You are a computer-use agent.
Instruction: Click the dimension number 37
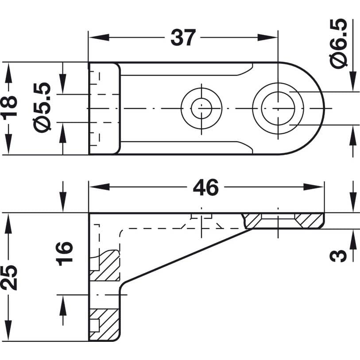pos(183,38)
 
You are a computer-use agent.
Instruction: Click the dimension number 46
pos(206,187)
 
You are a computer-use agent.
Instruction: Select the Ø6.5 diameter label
pos(338,44)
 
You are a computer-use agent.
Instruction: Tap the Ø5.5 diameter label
pos(42,106)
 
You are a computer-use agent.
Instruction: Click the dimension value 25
pos(9,278)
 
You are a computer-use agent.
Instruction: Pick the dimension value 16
pos(65,254)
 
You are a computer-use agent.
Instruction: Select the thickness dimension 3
pos(338,255)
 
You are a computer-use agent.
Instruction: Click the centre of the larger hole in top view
pos(278,108)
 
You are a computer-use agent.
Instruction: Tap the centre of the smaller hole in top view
pos(201,108)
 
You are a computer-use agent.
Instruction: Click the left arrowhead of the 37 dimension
pos(99,38)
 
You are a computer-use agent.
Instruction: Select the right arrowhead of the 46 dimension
pos(314,187)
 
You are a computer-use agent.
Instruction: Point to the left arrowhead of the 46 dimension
pos(99,187)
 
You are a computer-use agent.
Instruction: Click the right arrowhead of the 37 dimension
pos(267,38)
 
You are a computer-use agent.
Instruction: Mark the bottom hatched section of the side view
pos(105,325)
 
